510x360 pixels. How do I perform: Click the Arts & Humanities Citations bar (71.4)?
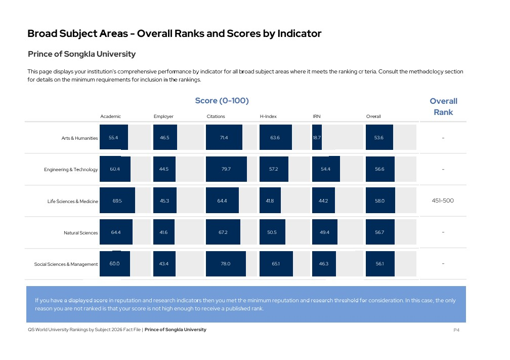pos(224,137)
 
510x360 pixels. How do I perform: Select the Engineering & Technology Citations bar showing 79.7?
pos(226,169)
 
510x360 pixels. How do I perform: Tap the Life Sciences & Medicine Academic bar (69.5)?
pos(117,201)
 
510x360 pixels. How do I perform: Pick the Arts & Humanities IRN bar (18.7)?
pos(317,137)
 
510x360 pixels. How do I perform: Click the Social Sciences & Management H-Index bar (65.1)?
pos(276,264)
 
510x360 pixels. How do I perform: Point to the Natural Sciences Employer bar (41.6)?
pos(164,232)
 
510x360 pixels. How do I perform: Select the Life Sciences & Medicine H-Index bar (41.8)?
pos(270,201)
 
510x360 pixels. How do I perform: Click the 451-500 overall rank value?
pos(443,201)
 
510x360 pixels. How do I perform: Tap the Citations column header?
pos(216,116)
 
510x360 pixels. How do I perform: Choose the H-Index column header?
pos(268,116)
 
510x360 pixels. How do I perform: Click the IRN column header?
pos(317,116)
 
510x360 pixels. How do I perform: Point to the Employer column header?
pos(163,116)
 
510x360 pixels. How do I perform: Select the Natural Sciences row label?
pos(80,233)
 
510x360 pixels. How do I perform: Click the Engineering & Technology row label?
pos(71,170)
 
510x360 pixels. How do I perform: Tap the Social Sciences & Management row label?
pos(66,264)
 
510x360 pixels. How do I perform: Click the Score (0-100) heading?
pos(222,101)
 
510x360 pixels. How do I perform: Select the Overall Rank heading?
pos(443,106)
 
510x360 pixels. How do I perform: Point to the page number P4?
pos(456,330)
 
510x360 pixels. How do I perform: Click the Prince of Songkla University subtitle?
pos(81,54)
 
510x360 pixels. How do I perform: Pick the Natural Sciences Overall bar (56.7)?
pos(379,232)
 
